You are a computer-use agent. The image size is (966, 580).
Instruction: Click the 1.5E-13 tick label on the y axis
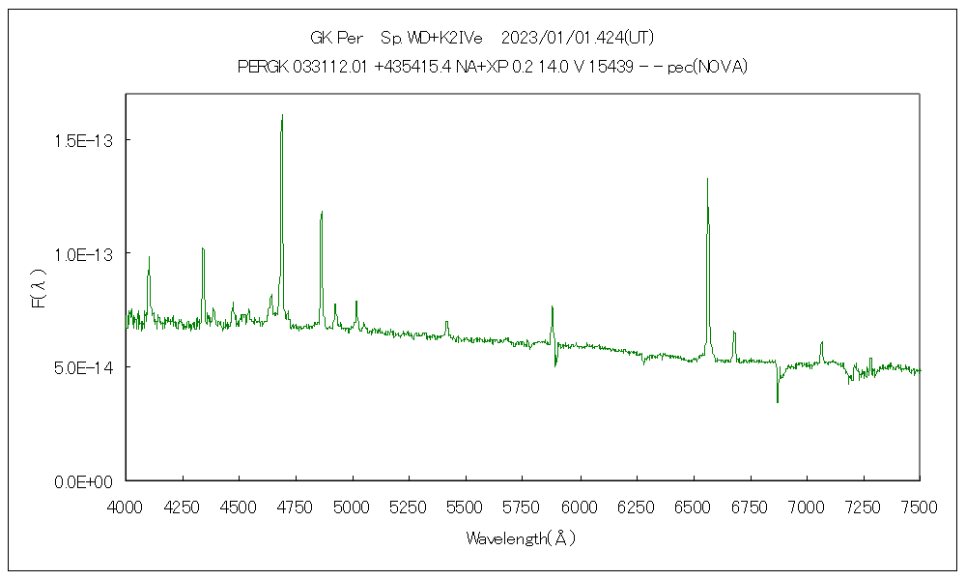83,141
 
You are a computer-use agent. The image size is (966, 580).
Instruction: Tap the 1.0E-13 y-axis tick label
83,254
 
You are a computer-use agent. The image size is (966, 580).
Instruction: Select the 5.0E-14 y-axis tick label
83,367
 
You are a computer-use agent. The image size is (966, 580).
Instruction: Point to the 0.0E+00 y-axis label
83,481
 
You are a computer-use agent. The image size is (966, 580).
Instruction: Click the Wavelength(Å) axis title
521,538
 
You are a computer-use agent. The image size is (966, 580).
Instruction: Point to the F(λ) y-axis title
39,289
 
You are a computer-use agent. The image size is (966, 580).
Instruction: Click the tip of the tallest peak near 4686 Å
281,115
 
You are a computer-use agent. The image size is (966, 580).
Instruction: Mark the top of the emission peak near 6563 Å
707,179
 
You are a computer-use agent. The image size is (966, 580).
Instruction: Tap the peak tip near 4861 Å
322,212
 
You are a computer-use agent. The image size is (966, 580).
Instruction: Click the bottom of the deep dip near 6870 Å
777,401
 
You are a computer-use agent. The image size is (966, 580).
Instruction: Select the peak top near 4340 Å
203,248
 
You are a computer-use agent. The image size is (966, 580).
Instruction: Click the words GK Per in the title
336,38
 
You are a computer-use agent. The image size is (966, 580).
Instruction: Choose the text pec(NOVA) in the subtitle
707,67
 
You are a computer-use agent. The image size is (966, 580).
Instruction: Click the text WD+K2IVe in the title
435,38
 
